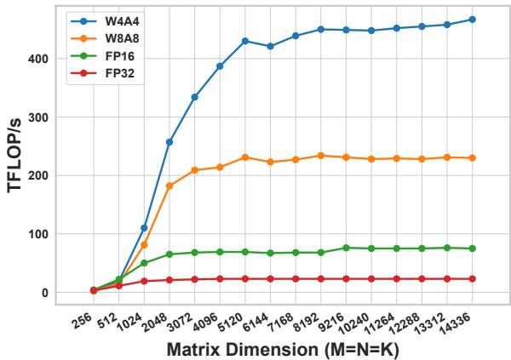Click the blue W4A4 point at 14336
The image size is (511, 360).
tap(472, 20)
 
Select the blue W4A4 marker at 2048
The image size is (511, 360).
tap(169, 142)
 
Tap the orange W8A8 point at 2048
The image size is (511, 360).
tap(169, 186)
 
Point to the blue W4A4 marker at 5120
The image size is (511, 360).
tap(245, 41)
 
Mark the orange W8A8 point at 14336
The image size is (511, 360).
tap(472, 157)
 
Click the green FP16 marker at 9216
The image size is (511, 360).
tap(346, 248)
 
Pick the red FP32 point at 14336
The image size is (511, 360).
tap(472, 278)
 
